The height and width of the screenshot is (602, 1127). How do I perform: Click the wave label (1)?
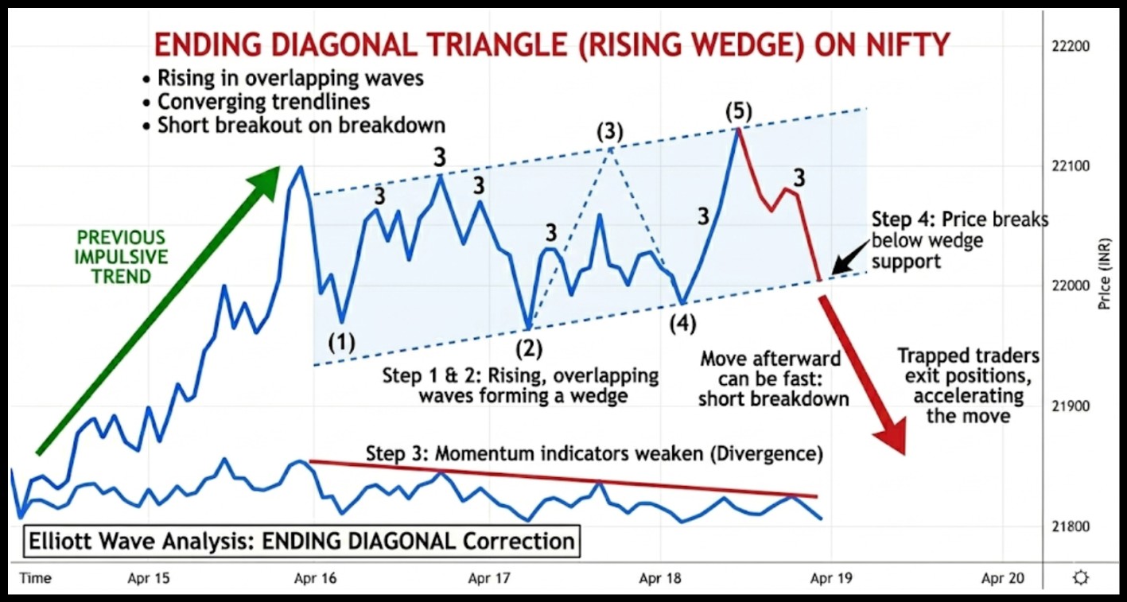coord(342,343)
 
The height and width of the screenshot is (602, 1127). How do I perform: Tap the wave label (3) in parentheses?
coord(610,131)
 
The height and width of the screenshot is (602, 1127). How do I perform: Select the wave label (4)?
coord(682,324)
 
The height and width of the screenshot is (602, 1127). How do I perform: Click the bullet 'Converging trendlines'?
coord(258,102)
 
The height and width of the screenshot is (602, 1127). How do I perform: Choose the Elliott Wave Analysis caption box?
coord(301,542)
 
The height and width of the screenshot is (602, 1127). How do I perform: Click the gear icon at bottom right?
coord(1080,578)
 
